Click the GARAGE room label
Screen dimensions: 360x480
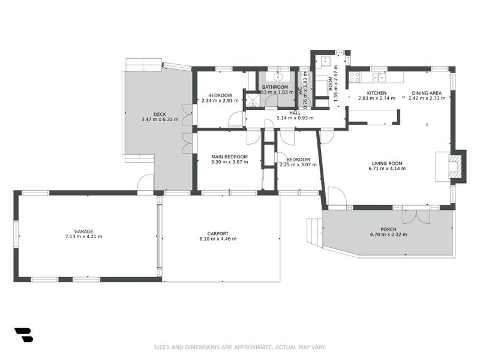(x=83, y=231)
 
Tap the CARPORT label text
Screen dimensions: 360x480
(x=217, y=233)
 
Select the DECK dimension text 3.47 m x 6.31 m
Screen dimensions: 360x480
(x=160, y=119)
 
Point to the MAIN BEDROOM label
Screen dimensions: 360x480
(x=229, y=157)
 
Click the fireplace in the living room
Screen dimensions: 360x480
(x=455, y=166)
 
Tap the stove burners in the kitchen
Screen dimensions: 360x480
(x=355, y=77)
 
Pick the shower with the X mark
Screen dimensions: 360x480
(x=252, y=99)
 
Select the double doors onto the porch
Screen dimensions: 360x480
(x=416, y=215)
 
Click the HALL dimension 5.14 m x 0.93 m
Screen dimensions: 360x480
(x=295, y=118)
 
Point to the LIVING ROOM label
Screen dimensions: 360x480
(x=387, y=163)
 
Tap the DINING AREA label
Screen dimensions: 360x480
(x=427, y=93)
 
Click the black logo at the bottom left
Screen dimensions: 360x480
(x=23, y=335)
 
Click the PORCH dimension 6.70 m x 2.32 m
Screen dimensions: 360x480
(x=388, y=234)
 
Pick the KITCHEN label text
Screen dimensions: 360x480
(x=376, y=93)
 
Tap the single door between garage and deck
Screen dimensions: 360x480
(x=145, y=184)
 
